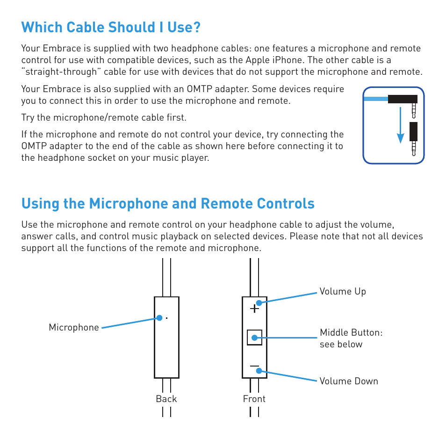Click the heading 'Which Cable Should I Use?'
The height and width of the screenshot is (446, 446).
[x=111, y=28]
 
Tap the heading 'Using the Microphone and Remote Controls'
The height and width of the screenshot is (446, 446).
[x=168, y=203]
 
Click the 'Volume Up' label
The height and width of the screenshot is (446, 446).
[x=342, y=291]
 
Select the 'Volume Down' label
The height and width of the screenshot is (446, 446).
[x=348, y=381]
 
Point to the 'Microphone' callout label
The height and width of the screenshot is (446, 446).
[x=74, y=328]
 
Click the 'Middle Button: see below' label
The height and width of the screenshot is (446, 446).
[x=351, y=338]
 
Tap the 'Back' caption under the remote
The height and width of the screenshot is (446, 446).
[x=166, y=399]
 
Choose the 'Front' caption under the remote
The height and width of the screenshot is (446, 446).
[x=254, y=399]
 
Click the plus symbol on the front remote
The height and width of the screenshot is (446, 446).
[x=254, y=309]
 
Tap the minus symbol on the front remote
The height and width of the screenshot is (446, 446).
[x=254, y=366]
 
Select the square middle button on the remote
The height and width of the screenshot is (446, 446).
[x=254, y=338]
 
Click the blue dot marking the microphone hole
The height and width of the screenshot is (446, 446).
[x=159, y=318]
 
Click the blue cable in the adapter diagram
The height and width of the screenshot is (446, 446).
[x=375, y=99]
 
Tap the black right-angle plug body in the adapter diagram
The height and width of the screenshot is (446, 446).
[x=402, y=99]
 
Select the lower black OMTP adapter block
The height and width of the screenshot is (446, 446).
[x=413, y=131]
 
